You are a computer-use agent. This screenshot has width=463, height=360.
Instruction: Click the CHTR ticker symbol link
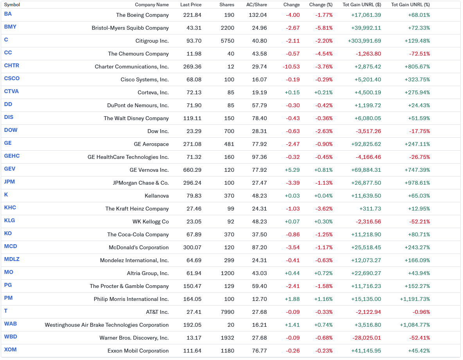click(11, 66)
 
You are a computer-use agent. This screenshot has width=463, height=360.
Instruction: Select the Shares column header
click(227, 5)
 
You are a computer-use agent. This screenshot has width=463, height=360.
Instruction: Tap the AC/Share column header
click(257, 5)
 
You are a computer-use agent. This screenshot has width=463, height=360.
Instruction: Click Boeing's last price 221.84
click(192, 15)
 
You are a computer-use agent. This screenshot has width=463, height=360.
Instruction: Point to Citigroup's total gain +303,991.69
click(364, 41)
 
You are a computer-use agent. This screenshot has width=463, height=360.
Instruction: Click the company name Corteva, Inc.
click(153, 92)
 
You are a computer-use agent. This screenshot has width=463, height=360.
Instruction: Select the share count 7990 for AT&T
click(227, 312)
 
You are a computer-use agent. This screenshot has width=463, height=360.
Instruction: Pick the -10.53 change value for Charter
click(291, 67)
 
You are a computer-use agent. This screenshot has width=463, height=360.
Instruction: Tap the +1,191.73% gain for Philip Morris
click(415, 299)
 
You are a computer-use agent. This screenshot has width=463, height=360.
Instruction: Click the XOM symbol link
click(10, 350)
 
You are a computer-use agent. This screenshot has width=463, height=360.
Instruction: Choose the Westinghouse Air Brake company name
click(107, 325)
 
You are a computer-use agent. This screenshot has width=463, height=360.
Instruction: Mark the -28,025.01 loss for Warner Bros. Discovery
click(367, 338)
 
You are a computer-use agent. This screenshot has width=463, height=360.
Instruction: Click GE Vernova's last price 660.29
click(192, 170)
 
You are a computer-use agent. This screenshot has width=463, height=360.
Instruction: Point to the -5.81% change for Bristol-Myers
click(324, 28)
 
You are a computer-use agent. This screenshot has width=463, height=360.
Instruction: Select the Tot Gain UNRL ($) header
click(362, 5)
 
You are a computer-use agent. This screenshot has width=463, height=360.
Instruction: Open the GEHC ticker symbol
click(12, 156)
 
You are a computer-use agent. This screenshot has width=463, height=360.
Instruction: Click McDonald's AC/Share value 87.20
click(260, 247)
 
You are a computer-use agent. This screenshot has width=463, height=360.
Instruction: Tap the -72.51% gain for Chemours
click(419, 54)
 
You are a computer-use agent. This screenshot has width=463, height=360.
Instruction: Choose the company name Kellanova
click(157, 196)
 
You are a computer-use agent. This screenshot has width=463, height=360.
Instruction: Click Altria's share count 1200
click(227, 274)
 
